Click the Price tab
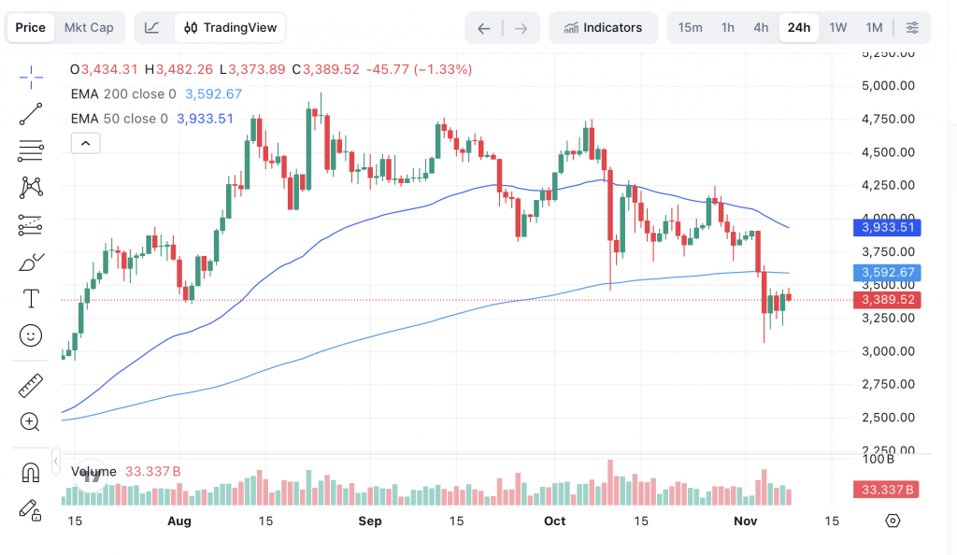click(31, 27)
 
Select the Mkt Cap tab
click(89, 27)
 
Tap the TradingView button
click(231, 27)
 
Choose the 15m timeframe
click(690, 27)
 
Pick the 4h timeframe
click(761, 27)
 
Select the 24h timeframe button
click(799, 27)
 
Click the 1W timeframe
click(837, 27)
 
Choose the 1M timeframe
click(874, 27)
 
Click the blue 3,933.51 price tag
click(887, 227)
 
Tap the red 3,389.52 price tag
click(887, 300)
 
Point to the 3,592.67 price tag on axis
click(887, 273)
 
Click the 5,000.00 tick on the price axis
click(887, 86)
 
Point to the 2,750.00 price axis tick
click(887, 384)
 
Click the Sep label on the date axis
click(370, 520)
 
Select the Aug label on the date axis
click(179, 520)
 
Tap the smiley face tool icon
click(31, 335)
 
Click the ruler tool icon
click(31, 385)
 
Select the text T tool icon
click(31, 299)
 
